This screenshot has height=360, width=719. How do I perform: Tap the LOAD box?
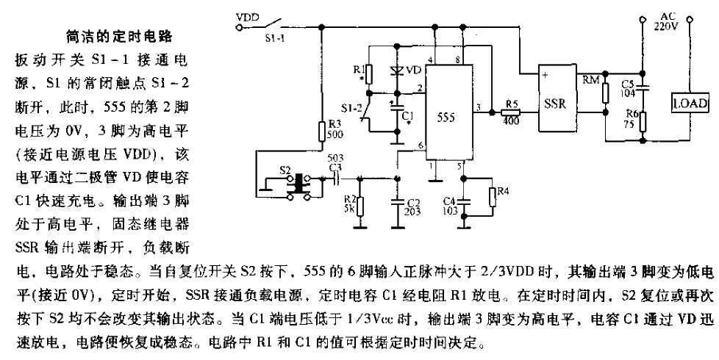(x=690, y=104)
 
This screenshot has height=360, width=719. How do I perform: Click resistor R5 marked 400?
(x=508, y=112)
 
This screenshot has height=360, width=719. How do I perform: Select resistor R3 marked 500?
(x=321, y=132)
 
